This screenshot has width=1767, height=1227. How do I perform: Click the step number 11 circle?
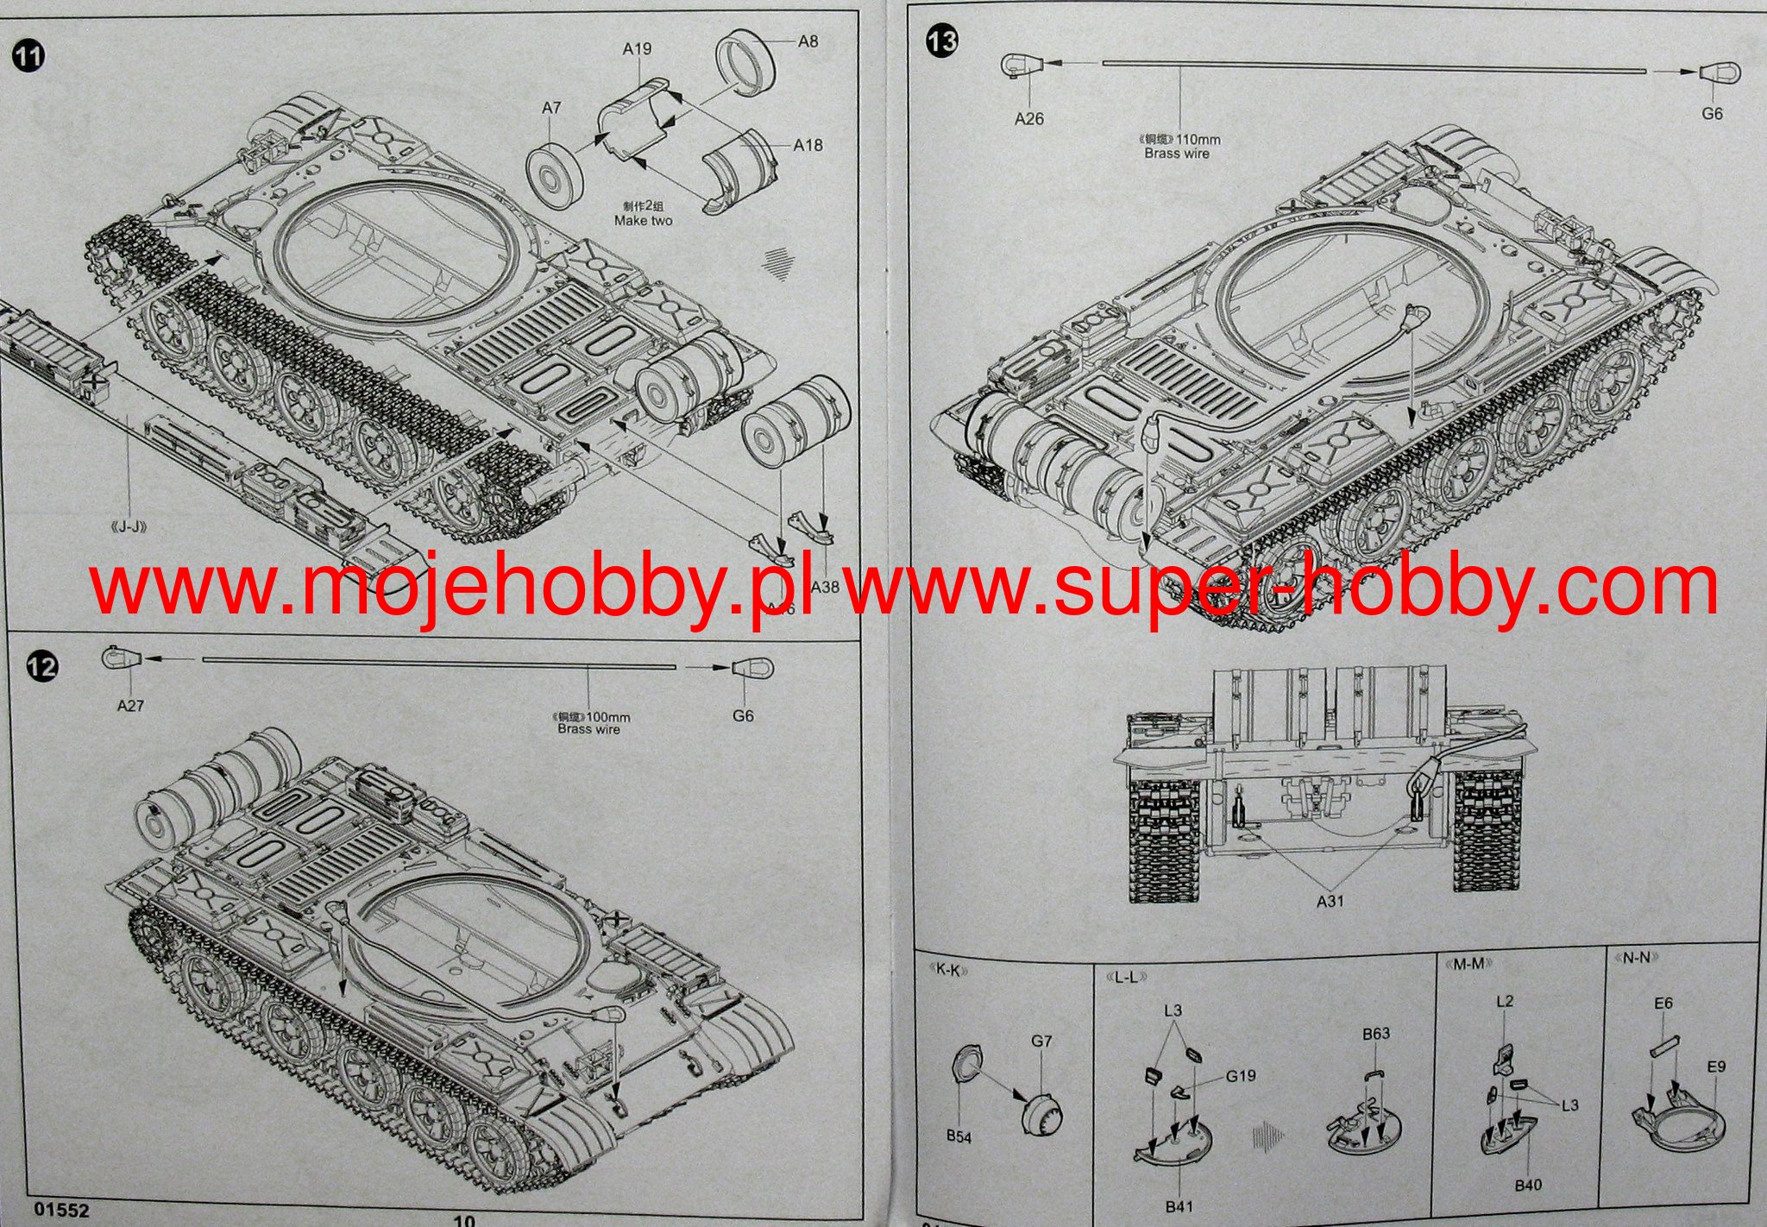click(x=28, y=57)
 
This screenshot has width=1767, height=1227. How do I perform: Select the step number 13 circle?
click(x=941, y=41)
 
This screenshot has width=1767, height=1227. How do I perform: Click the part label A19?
click(x=637, y=49)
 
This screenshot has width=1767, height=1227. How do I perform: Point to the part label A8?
click(x=808, y=41)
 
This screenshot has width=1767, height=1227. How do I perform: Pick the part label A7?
click(x=551, y=108)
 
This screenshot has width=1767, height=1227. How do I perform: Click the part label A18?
click(x=808, y=145)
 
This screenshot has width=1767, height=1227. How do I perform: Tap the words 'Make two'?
click(x=643, y=221)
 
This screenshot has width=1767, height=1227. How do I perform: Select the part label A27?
click(x=130, y=706)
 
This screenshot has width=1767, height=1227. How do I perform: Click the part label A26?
click(x=1028, y=119)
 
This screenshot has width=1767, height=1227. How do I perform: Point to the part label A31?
click(x=1330, y=901)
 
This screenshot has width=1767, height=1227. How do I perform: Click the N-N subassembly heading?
click(x=1632, y=958)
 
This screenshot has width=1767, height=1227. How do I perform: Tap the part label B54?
click(x=958, y=1136)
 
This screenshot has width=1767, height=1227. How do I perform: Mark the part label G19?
click(x=1241, y=1076)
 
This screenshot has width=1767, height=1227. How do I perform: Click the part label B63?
click(x=1376, y=1034)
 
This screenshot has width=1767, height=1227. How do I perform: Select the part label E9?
click(x=1716, y=1067)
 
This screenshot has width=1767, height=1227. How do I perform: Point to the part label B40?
click(x=1527, y=1185)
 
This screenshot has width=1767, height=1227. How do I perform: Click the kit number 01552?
click(x=62, y=1211)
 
